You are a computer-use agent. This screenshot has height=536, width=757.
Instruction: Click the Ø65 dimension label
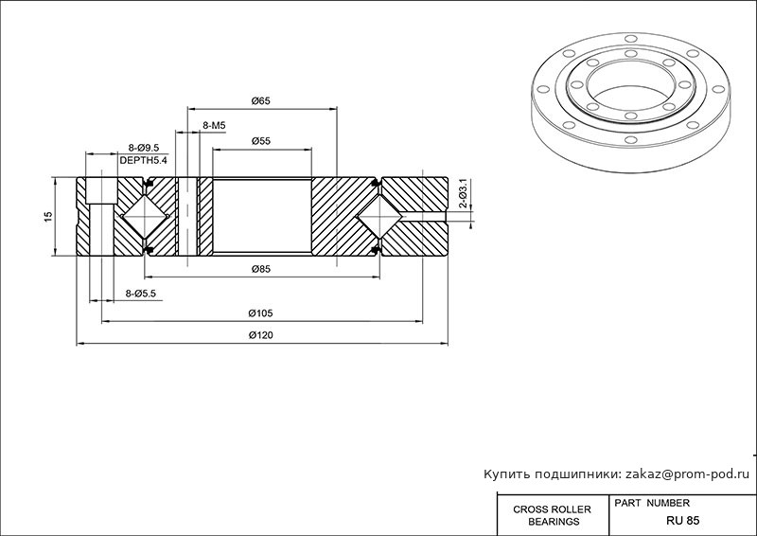[261, 101]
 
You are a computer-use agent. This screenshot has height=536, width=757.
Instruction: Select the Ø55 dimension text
[261, 141]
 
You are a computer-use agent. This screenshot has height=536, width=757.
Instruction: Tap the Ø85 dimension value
[261, 269]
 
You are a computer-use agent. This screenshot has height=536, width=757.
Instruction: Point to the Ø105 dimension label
[261, 313]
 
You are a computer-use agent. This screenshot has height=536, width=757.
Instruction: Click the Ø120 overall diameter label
[261, 335]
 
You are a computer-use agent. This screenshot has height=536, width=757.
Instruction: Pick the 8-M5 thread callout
[214, 126]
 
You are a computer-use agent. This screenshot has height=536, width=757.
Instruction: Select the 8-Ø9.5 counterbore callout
[144, 148]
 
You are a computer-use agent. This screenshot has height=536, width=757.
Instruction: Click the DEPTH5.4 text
[143, 160]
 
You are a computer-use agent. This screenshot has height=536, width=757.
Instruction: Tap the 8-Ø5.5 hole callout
[140, 294]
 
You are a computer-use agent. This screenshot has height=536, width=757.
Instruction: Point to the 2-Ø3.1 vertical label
[463, 193]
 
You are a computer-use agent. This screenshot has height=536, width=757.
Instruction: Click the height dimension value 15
[47, 217]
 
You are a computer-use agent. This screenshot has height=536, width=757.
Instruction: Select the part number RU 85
[682, 521]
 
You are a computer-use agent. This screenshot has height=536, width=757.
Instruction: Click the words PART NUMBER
[652, 503]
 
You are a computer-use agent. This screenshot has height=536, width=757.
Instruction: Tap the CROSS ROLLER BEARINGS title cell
[552, 515]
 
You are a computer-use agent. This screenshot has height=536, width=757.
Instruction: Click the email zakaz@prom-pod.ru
[688, 474]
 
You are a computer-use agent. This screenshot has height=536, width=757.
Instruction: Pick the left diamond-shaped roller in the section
[144, 217]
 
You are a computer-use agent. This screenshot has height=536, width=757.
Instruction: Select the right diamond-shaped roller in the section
[380, 217]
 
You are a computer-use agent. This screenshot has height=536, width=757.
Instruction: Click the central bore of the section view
[262, 215]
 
